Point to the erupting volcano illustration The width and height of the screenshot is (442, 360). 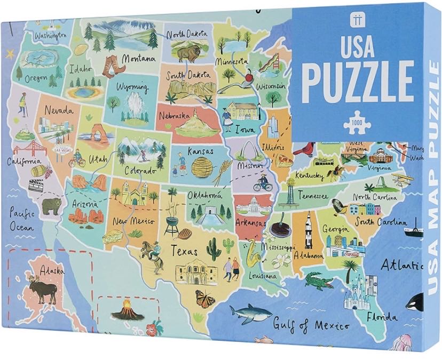point(127,309)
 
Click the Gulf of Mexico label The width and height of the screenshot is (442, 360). point(311,324)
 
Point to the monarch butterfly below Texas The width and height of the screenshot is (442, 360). point(204,299)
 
